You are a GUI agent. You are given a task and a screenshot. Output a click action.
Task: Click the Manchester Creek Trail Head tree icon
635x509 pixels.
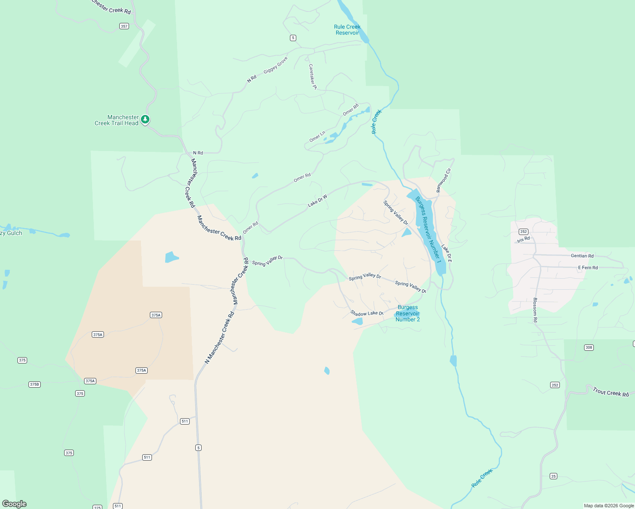tap(145, 120)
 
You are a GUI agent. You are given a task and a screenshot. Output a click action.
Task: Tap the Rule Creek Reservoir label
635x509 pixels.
tap(347, 30)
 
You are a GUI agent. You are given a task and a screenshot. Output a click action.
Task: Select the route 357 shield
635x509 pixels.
tap(124, 26)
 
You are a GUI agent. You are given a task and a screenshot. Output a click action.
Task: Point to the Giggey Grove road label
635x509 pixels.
tap(275, 65)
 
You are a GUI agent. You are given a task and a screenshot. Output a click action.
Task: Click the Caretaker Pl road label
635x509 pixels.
tap(313, 77)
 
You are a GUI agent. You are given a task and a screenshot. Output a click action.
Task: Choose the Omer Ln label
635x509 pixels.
tap(317, 137)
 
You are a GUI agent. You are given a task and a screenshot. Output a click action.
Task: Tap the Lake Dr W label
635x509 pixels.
tap(317, 201)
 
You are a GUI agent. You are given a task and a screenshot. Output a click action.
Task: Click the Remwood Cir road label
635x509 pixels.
tap(444, 180)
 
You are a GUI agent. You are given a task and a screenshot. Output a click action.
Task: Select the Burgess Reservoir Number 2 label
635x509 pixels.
tap(407, 313)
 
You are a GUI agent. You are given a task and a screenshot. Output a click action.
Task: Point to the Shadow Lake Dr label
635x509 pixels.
tap(367, 313)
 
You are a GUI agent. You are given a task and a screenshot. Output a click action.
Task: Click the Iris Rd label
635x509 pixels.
tap(523, 240)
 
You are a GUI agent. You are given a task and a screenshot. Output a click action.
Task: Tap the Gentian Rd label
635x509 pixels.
tap(582, 256)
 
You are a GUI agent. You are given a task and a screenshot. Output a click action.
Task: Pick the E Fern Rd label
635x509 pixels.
tap(588, 268)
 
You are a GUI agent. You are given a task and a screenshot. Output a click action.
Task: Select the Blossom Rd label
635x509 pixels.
tap(535, 310)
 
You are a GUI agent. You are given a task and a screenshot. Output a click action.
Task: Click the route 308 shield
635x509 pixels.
tap(589, 347)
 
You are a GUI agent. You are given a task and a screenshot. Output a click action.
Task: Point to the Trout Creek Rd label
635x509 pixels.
tap(610, 392)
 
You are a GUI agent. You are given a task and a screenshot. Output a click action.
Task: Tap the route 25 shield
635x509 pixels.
tap(554, 476)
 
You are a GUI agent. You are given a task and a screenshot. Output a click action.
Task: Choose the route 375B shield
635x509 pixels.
tap(34, 384)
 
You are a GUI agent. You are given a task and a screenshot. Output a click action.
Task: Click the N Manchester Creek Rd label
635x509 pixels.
tap(219, 338)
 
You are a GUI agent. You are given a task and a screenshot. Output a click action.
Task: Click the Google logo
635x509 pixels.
tap(14, 504)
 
